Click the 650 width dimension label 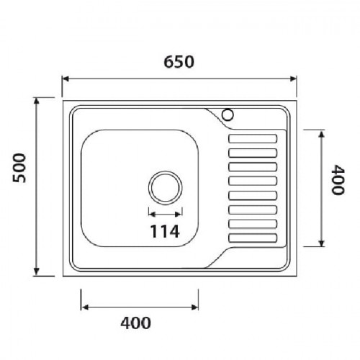pyautogui.click(x=179, y=62)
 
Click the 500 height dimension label pyautogui.click(x=19, y=168)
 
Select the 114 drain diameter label pyautogui.click(x=165, y=231)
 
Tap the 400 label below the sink pyautogui.click(x=135, y=323)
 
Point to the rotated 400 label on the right pyautogui.click(x=338, y=180)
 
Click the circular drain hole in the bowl pyautogui.click(x=165, y=188)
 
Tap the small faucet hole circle pyautogui.click(x=228, y=114)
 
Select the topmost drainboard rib pyautogui.click(x=253, y=139)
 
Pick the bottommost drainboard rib pyautogui.click(x=253, y=238)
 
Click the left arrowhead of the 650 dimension pyautogui.click(x=66, y=78)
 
